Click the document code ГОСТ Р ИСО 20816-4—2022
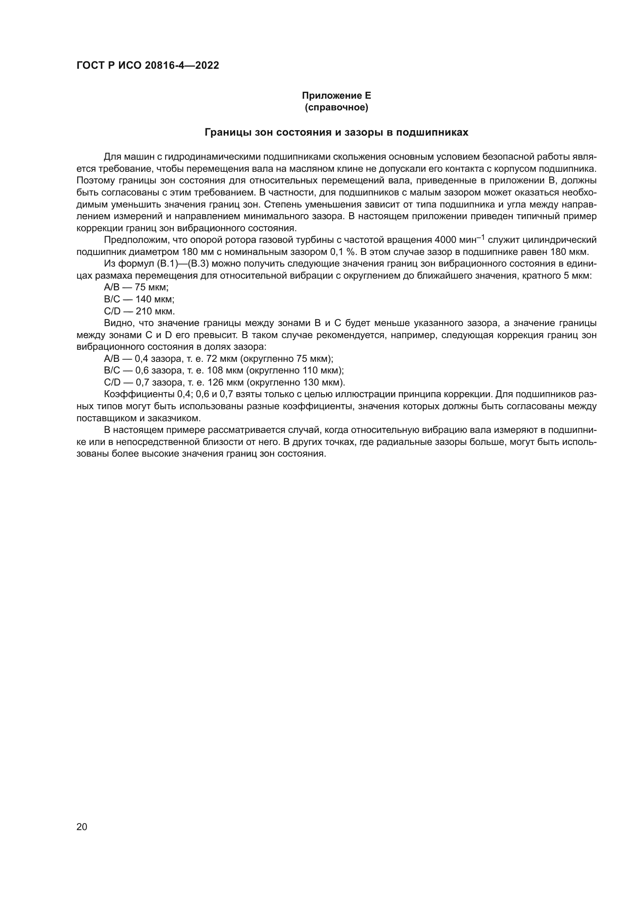(148, 66)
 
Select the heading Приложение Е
(336, 96)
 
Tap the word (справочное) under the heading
(336, 107)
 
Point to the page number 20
(82, 827)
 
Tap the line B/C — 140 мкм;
(139, 299)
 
